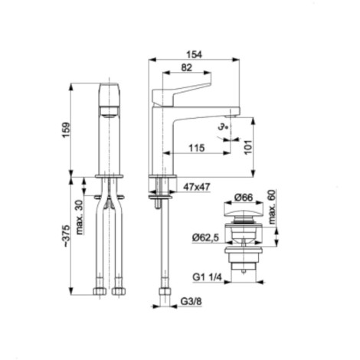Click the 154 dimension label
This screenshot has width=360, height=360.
click(x=194, y=54)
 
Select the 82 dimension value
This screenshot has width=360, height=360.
click(x=186, y=67)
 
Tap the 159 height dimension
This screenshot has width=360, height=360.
click(x=66, y=130)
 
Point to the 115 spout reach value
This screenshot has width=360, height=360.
click(x=197, y=148)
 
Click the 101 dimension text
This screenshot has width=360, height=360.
click(x=248, y=147)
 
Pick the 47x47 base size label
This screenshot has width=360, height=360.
click(x=197, y=187)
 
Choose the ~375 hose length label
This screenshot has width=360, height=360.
click(x=66, y=236)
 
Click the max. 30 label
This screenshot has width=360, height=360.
click(x=80, y=217)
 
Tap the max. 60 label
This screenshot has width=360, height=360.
click(x=273, y=207)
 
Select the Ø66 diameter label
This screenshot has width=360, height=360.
click(x=244, y=198)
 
